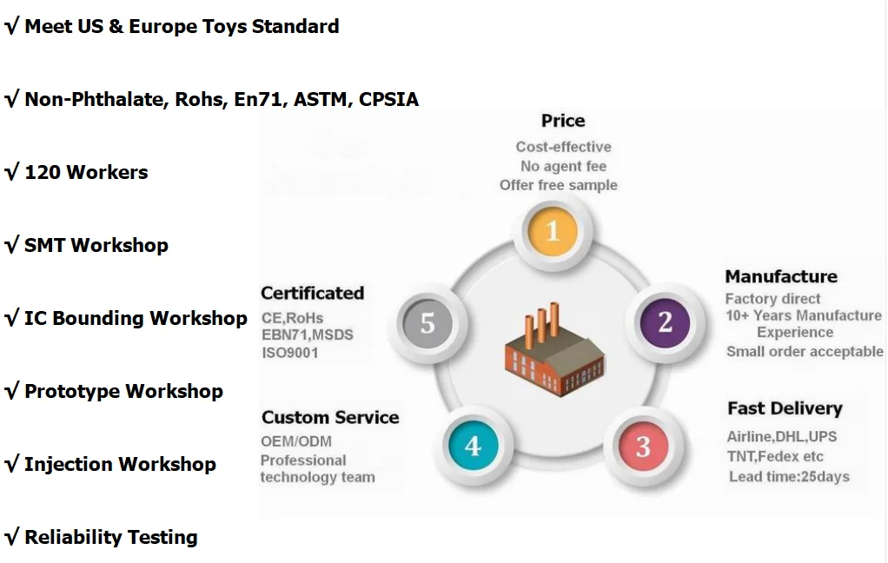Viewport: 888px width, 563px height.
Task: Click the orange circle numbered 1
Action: (x=553, y=230)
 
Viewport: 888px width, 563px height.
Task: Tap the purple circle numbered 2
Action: (x=665, y=322)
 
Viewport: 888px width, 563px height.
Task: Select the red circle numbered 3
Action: (x=642, y=447)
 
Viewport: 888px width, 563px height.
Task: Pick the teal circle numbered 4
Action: (x=472, y=447)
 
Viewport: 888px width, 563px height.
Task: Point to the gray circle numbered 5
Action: (x=427, y=323)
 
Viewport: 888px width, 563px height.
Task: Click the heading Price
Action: (x=563, y=121)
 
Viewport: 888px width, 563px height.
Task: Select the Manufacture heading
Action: (x=781, y=277)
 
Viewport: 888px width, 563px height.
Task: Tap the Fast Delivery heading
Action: (x=785, y=408)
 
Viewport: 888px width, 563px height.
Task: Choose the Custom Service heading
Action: (x=330, y=418)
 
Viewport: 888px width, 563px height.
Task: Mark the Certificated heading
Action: (x=312, y=294)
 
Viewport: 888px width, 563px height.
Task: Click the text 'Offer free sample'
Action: (x=559, y=185)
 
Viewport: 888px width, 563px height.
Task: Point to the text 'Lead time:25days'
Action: (x=789, y=476)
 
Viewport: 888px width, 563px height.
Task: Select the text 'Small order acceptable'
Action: (x=805, y=352)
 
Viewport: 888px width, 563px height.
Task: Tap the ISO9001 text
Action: (x=289, y=353)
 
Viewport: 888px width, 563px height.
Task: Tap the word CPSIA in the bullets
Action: (x=388, y=100)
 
